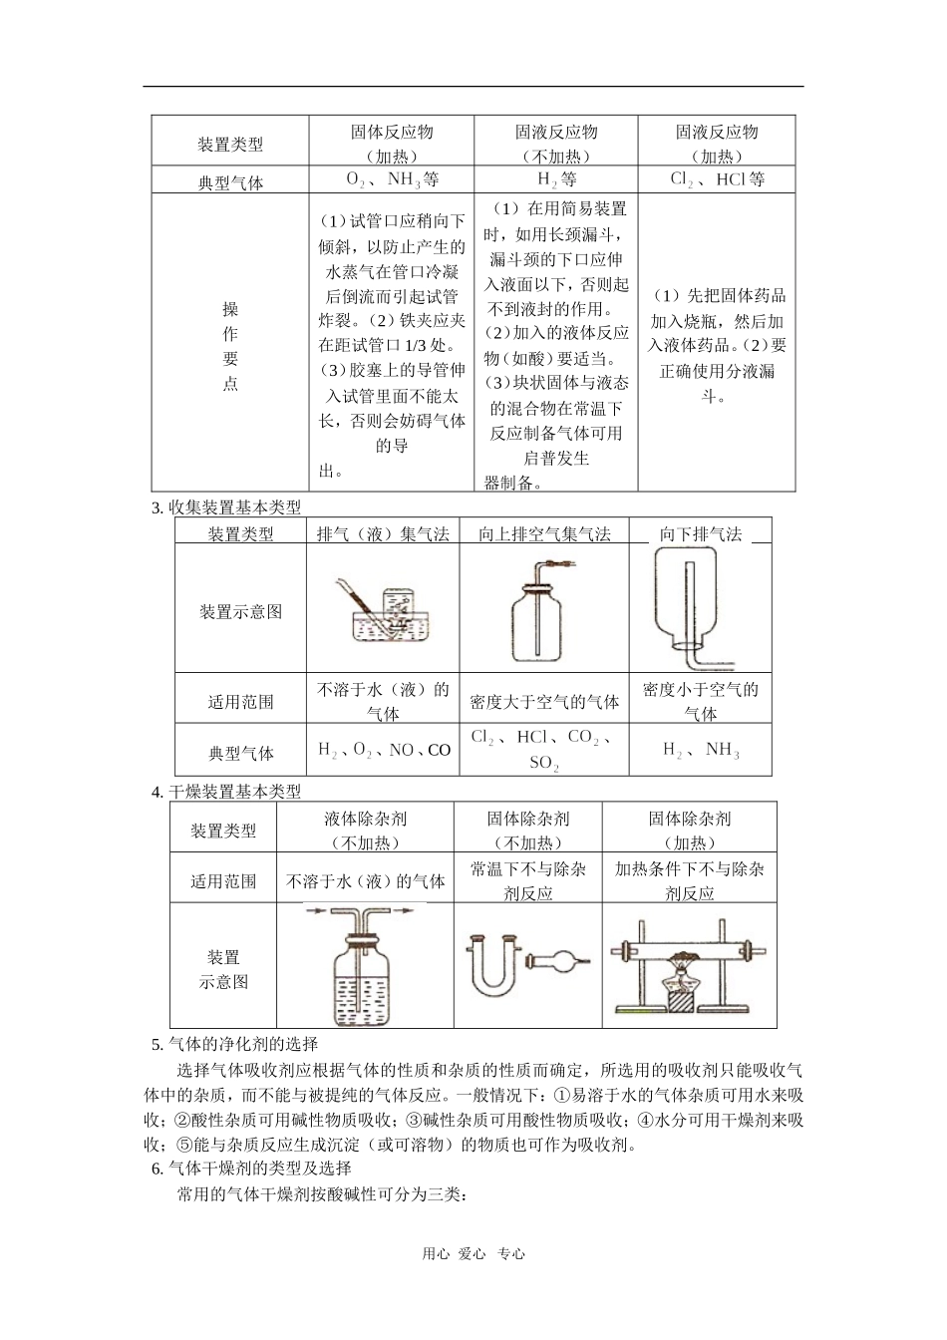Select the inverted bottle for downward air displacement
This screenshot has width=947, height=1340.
[692, 607]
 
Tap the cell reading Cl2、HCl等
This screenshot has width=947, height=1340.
[717, 178]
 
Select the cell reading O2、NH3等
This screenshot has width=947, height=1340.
[392, 178]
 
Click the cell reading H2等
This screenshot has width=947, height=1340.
[556, 178]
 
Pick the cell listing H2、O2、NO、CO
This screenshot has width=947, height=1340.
[384, 750]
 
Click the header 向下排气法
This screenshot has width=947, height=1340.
[700, 533]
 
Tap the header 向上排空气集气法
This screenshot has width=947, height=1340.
[544, 533]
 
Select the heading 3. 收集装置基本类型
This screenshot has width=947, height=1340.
[226, 507]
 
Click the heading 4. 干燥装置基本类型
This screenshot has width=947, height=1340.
[226, 792]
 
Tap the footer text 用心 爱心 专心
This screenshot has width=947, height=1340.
[473, 1253]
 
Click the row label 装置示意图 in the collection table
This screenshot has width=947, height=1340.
[240, 611]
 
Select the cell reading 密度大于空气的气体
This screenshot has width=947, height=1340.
[544, 702]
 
